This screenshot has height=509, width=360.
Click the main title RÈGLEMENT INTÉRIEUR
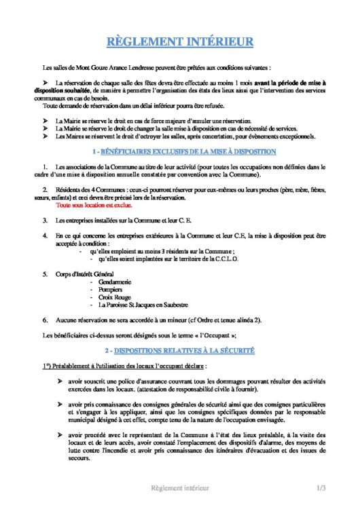(180, 43)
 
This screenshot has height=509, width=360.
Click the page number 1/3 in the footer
(321, 488)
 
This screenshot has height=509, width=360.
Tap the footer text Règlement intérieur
(179, 488)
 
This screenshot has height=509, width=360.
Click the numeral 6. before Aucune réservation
(44, 320)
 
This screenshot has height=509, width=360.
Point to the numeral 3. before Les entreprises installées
(44, 221)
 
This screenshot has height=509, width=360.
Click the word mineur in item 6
(160, 320)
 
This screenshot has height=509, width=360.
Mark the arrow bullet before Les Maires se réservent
(44, 136)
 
